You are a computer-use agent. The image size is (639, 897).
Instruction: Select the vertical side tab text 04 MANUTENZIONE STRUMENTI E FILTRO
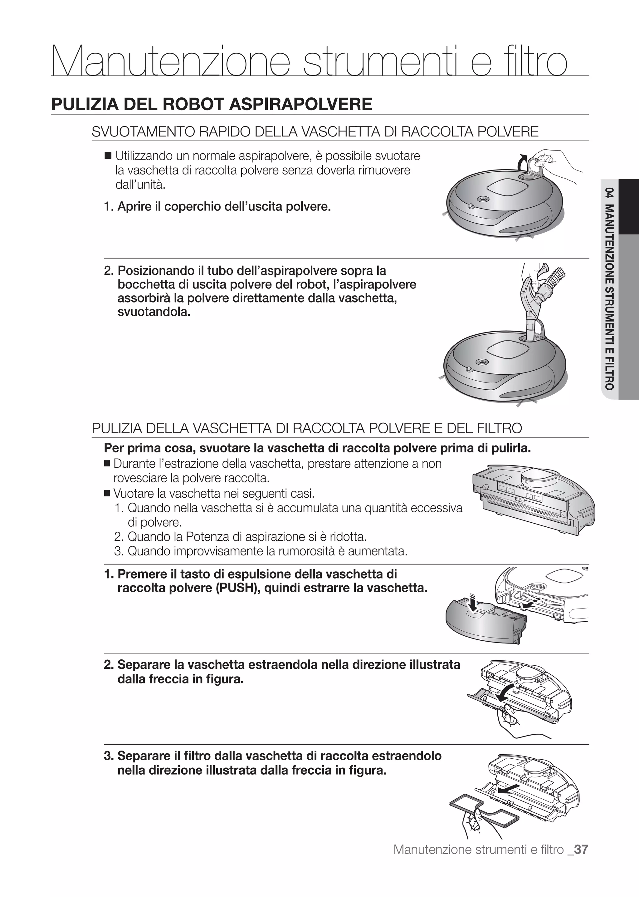pyautogui.click(x=609, y=289)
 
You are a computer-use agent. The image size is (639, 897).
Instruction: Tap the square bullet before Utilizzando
pyautogui.click(x=108, y=155)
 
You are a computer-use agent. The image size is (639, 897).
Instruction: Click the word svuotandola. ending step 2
pyautogui.click(x=154, y=312)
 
